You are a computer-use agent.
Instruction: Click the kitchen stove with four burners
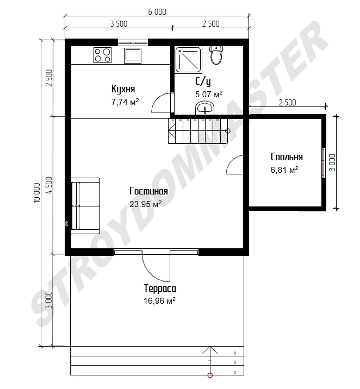(x=102, y=55)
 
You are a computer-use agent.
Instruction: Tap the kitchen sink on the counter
(x=133, y=55)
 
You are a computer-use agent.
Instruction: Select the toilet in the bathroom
(x=216, y=55)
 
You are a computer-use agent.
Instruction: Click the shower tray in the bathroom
(x=188, y=60)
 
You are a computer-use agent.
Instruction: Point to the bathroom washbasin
(x=205, y=108)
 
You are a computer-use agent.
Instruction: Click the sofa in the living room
(x=85, y=206)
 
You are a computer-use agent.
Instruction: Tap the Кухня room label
(x=123, y=89)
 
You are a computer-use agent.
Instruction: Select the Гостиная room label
(x=148, y=191)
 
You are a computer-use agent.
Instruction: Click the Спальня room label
(x=287, y=157)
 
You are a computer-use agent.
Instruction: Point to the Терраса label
(x=160, y=288)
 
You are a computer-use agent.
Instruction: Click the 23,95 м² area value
(x=146, y=204)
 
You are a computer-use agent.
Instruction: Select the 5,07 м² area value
(x=209, y=95)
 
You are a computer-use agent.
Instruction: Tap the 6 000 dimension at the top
(x=157, y=11)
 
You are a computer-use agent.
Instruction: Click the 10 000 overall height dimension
(x=37, y=193)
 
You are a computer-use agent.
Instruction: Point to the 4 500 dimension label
(x=49, y=185)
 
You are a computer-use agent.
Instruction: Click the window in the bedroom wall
(x=324, y=162)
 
